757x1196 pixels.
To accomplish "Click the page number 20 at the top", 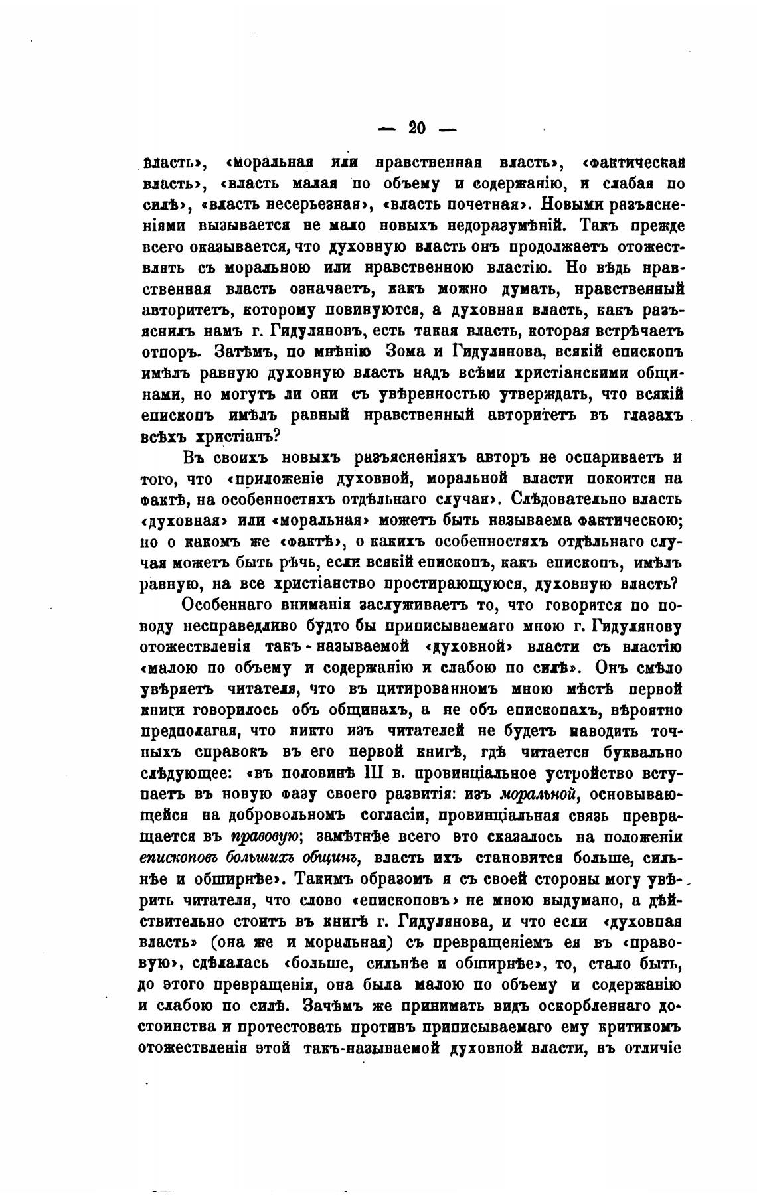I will [x=417, y=128].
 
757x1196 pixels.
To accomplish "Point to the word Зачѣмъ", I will [x=337, y=1005].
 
